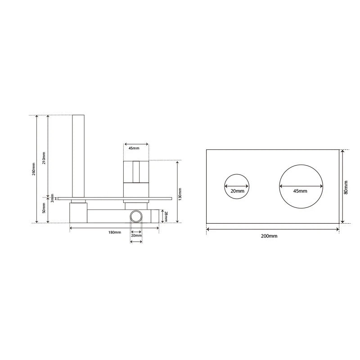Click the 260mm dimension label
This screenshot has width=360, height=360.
tap(34, 169)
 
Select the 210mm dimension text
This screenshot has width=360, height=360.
tap(44, 158)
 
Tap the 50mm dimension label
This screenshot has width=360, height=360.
tap(44, 208)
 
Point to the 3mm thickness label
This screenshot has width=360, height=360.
tap(52, 198)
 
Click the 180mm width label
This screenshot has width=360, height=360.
tap(115, 232)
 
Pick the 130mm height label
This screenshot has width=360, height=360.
tap(180, 194)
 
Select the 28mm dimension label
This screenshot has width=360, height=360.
tap(166, 216)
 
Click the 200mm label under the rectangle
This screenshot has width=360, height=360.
tap(269, 236)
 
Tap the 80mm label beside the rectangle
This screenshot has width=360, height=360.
tap(346, 187)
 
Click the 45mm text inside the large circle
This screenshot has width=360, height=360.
tap(300, 191)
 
